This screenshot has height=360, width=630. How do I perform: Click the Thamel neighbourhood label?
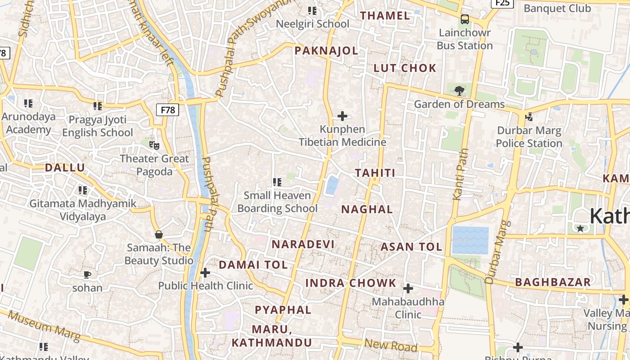point(385,16)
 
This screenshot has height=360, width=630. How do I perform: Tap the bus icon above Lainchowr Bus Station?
point(465,19)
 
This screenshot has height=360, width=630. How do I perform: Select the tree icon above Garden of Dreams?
point(459,91)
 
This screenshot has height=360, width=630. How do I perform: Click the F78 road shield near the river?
point(168,109)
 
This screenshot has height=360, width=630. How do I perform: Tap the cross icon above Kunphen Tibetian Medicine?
point(342,116)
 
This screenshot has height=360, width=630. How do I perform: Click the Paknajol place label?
point(326,51)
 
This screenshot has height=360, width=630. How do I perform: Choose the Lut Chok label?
point(405,68)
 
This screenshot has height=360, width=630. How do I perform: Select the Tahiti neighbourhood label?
point(375,173)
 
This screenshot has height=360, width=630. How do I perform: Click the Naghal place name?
point(367,209)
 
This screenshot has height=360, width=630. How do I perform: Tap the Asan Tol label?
point(411,247)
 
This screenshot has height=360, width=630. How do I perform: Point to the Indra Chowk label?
point(351,283)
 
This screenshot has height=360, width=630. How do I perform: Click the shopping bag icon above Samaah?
point(158,234)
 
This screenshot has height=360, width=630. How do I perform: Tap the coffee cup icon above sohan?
point(87,274)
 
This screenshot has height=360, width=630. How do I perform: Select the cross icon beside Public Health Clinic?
point(205,273)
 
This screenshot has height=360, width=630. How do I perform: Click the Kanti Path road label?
point(461,174)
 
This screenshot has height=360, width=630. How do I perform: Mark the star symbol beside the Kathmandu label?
point(580,229)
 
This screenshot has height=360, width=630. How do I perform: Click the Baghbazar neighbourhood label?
point(553,283)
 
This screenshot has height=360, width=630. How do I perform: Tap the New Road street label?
point(391,346)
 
